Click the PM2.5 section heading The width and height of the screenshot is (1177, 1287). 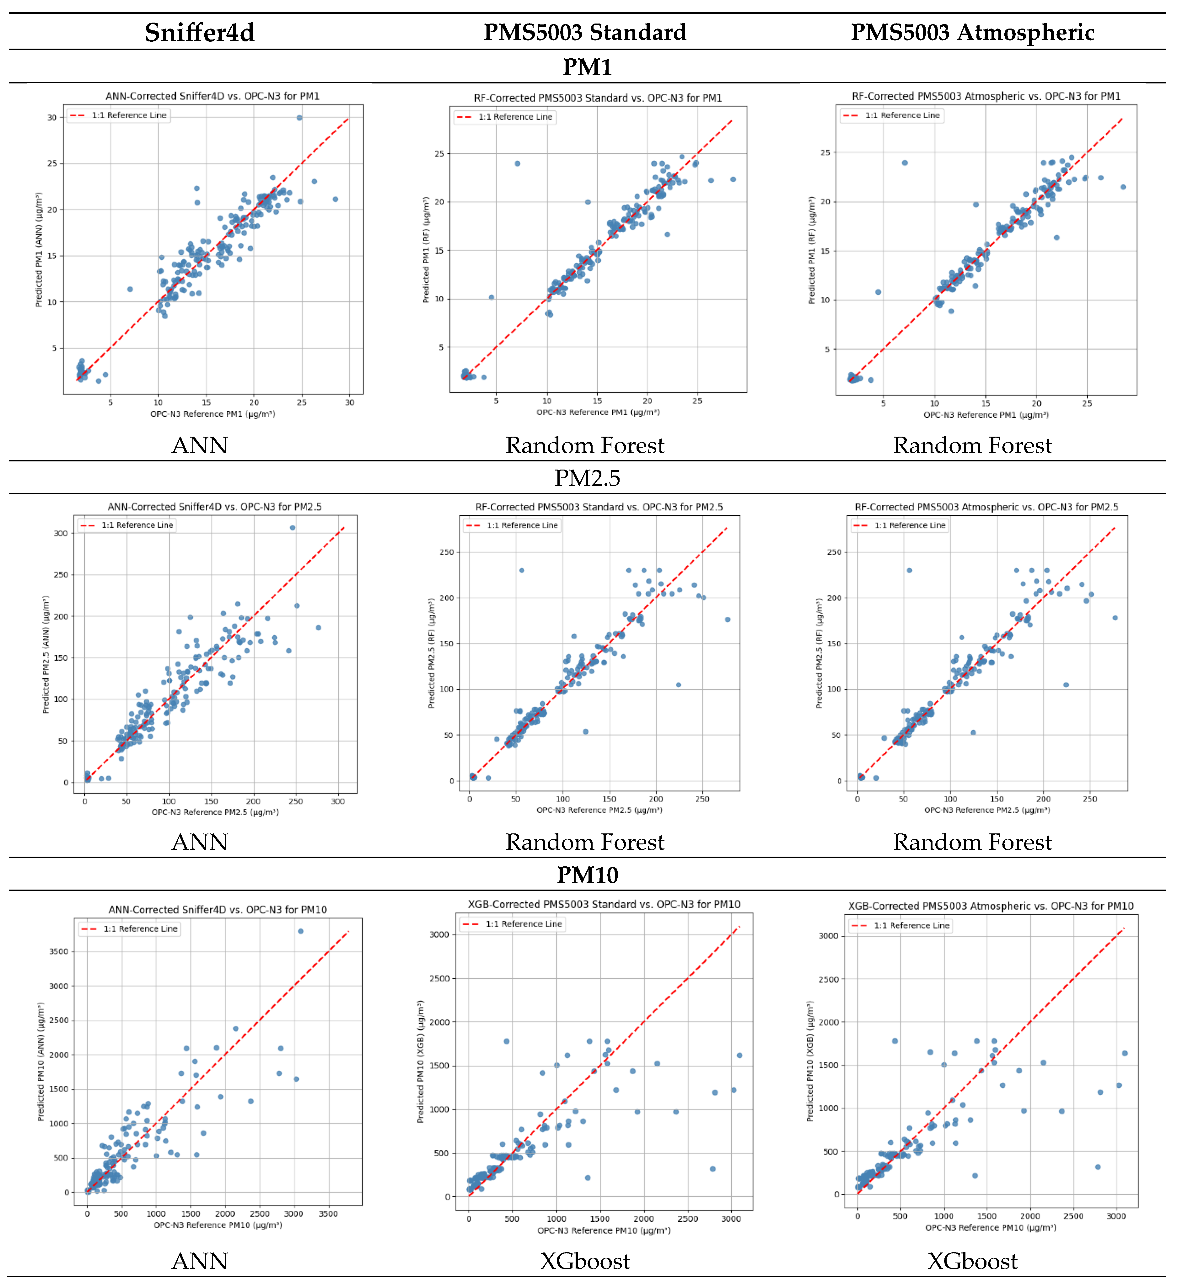[x=587, y=477]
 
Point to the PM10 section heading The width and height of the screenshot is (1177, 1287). [x=587, y=875]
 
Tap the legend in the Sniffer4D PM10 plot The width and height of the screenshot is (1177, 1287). [x=130, y=929]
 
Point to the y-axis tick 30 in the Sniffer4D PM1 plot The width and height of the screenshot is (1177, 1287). [x=52, y=117]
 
